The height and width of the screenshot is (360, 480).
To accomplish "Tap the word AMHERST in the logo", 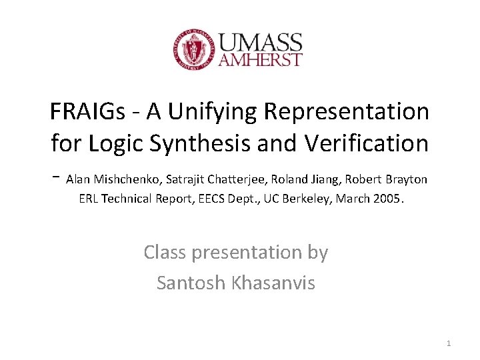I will point(261,60).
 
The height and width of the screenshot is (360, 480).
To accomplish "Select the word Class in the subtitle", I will point(166,253).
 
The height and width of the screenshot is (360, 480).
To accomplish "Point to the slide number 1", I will point(449,343).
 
